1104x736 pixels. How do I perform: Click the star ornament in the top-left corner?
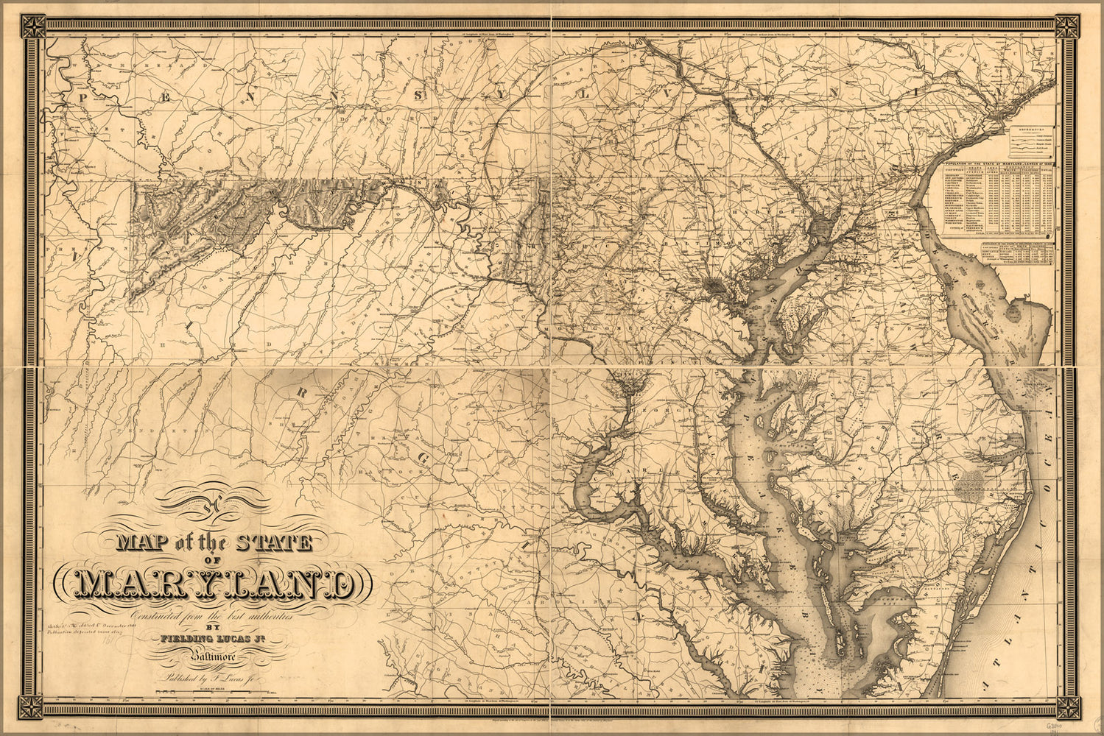click(32, 27)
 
